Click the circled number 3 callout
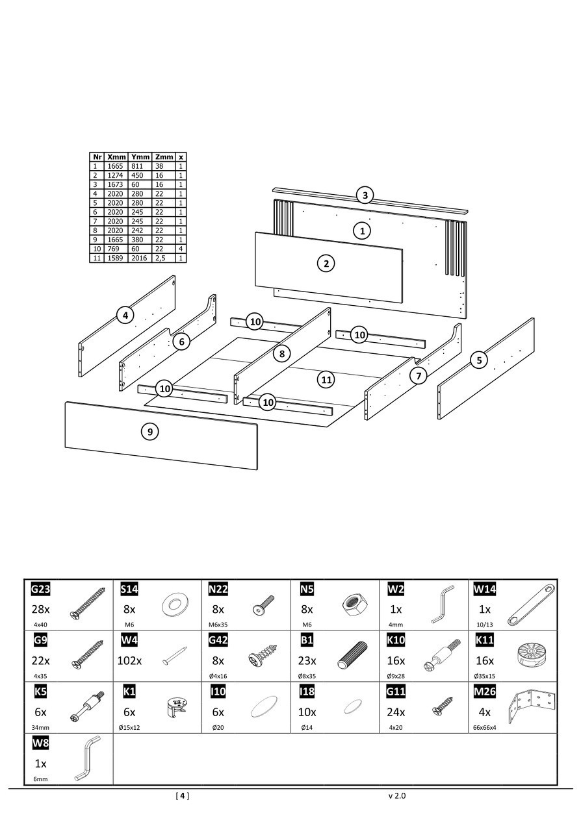coord(365,195)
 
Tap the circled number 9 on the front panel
coord(150,431)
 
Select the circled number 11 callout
coord(326,379)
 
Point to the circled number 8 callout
coord(281,354)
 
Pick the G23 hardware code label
coord(40,590)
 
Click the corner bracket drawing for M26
coord(532,708)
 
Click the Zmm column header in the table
coord(164,157)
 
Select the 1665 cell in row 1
coord(116,166)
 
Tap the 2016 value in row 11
coord(140,258)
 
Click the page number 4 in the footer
coord(183,795)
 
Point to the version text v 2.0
coord(396,795)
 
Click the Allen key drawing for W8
coord(86,759)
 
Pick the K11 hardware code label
coord(485,641)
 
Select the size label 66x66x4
coord(485,728)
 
